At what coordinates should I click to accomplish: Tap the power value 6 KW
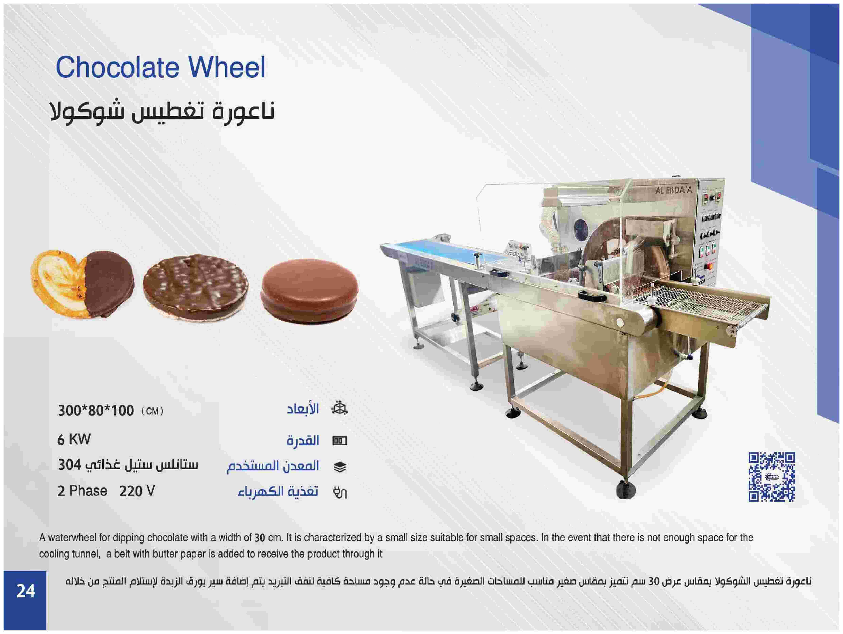[74, 440]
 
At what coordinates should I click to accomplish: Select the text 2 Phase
[82, 491]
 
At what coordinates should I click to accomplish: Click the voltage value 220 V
[137, 491]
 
